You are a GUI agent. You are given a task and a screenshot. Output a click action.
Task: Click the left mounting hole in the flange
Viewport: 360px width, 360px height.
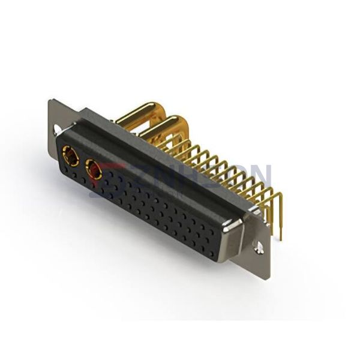[x=58, y=129]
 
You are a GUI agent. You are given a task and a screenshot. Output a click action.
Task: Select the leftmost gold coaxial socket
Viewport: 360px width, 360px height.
[x=70, y=158]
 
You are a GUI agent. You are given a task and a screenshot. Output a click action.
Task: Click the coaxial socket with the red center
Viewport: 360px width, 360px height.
[x=94, y=172]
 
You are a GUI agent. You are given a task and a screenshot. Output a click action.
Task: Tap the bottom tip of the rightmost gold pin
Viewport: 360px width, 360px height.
[x=280, y=238]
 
